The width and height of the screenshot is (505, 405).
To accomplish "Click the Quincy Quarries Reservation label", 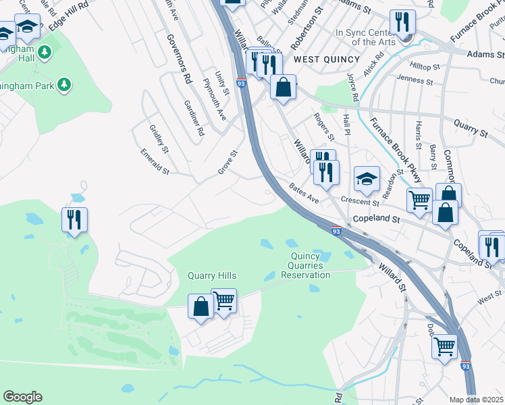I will point(306,265).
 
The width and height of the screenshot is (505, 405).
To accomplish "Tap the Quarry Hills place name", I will point(212,276).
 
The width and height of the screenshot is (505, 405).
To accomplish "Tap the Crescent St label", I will point(361,202).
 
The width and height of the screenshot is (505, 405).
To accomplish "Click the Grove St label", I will point(228,162).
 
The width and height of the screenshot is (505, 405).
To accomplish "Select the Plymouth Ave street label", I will point(215,99).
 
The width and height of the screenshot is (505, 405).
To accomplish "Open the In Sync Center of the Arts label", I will point(365,37).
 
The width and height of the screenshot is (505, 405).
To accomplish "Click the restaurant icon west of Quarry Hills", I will point(75,219).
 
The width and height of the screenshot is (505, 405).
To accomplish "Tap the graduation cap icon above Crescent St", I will point(367,179).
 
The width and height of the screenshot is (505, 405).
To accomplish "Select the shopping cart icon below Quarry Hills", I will point(223,301).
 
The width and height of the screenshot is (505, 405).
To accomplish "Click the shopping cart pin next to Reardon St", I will point(419,200).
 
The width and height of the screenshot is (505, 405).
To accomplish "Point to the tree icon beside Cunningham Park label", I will point(64,84).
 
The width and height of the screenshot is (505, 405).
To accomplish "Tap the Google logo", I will point(22,397).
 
